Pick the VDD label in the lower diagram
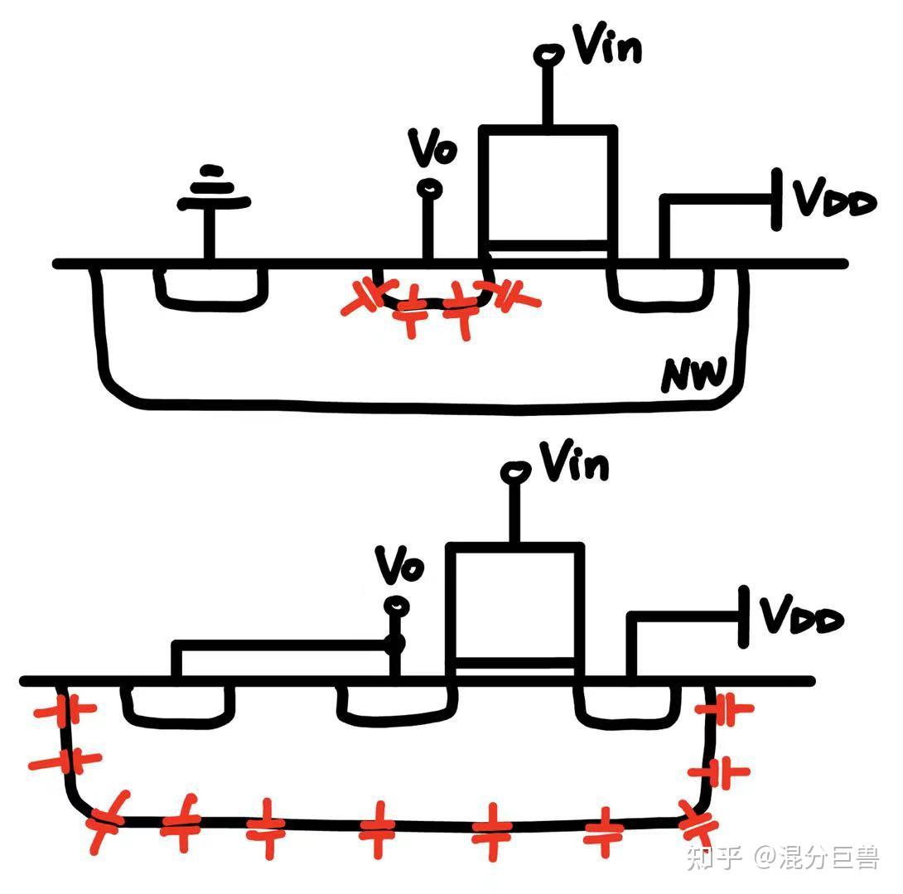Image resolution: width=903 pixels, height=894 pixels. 801,617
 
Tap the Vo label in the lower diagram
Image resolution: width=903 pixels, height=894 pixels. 399,566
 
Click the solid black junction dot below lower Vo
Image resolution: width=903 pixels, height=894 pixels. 395,643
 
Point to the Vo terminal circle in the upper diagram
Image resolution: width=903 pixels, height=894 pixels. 429,191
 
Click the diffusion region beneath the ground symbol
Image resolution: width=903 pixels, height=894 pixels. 211,286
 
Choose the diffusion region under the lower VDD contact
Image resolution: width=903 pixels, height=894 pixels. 628,704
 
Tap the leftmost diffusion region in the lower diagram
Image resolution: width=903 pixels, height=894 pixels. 178,705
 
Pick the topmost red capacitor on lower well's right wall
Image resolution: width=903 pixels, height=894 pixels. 724,708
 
